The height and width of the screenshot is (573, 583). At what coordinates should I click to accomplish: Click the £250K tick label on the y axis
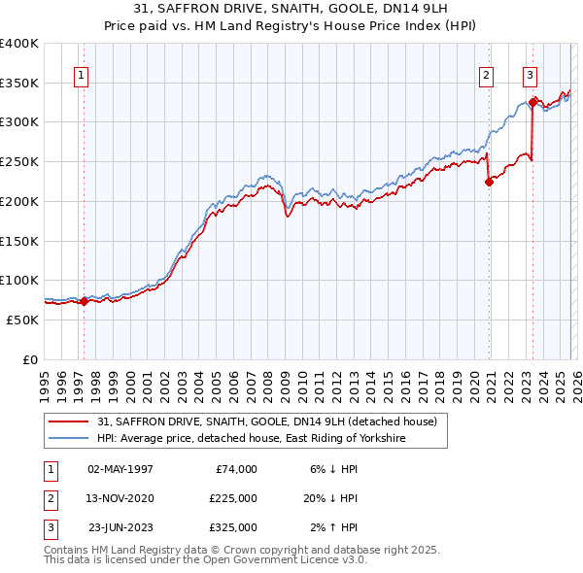(x=19, y=161)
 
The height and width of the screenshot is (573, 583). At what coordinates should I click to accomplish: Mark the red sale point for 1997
(x=84, y=301)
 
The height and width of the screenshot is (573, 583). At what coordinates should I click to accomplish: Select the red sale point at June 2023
(x=533, y=102)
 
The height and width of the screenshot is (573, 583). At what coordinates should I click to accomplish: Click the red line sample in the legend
(x=69, y=421)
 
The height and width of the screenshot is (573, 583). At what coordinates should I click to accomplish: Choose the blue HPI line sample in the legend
(x=69, y=439)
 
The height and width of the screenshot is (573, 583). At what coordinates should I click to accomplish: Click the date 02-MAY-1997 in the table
(x=120, y=469)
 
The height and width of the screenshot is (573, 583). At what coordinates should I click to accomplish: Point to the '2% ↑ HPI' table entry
(x=332, y=527)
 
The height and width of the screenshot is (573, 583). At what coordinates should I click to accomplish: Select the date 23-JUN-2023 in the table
(x=120, y=527)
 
